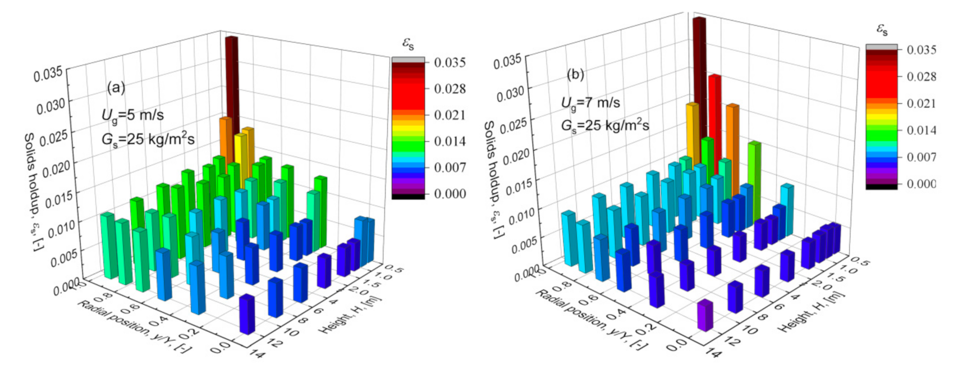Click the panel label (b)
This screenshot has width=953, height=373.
[x=575, y=74]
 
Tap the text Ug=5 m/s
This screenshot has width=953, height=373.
[x=132, y=115]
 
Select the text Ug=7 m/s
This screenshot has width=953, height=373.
[x=590, y=103]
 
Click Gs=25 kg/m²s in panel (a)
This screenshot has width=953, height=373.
[x=148, y=139]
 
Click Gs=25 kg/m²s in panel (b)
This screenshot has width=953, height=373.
[x=605, y=126]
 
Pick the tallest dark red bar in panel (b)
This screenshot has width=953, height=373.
[x=699, y=62]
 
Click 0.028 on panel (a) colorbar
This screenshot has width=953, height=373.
[x=450, y=89]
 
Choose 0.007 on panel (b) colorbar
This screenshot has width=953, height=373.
[x=921, y=157]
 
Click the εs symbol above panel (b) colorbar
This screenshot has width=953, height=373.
[x=882, y=29]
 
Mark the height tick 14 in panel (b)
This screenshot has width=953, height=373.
[x=713, y=353]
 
